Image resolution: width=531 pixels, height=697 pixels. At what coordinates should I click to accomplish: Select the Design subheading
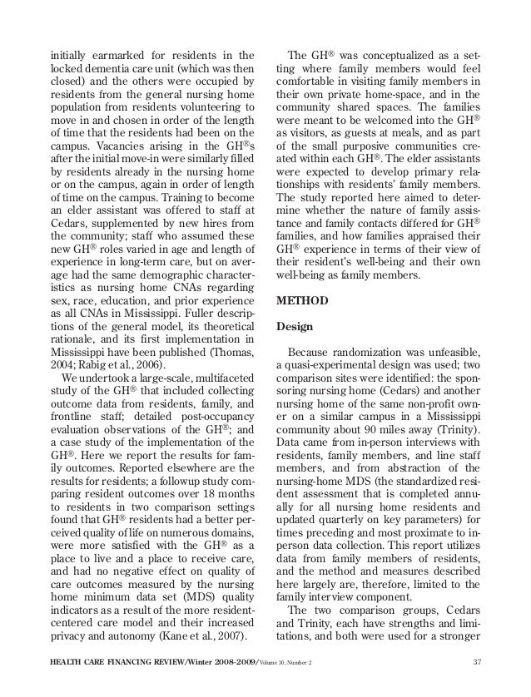point(294,327)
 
